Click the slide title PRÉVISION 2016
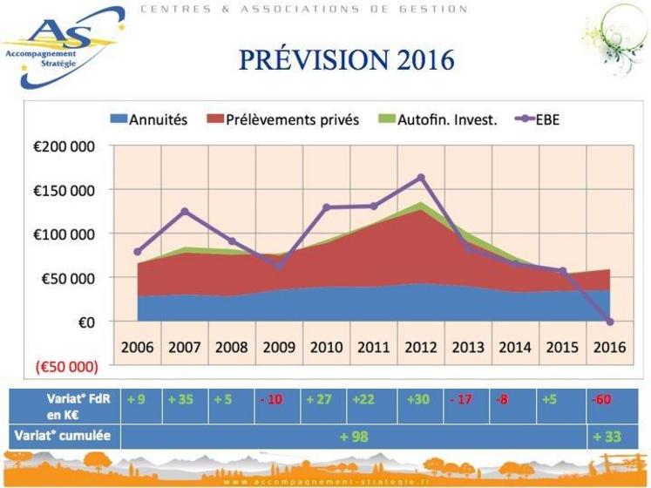[347, 60]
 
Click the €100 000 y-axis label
[65, 234]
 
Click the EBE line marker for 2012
[421, 178]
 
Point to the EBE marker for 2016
[610, 322]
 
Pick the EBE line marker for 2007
[185, 212]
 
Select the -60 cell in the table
[600, 401]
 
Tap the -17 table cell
[462, 401]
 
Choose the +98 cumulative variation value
[354, 436]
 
